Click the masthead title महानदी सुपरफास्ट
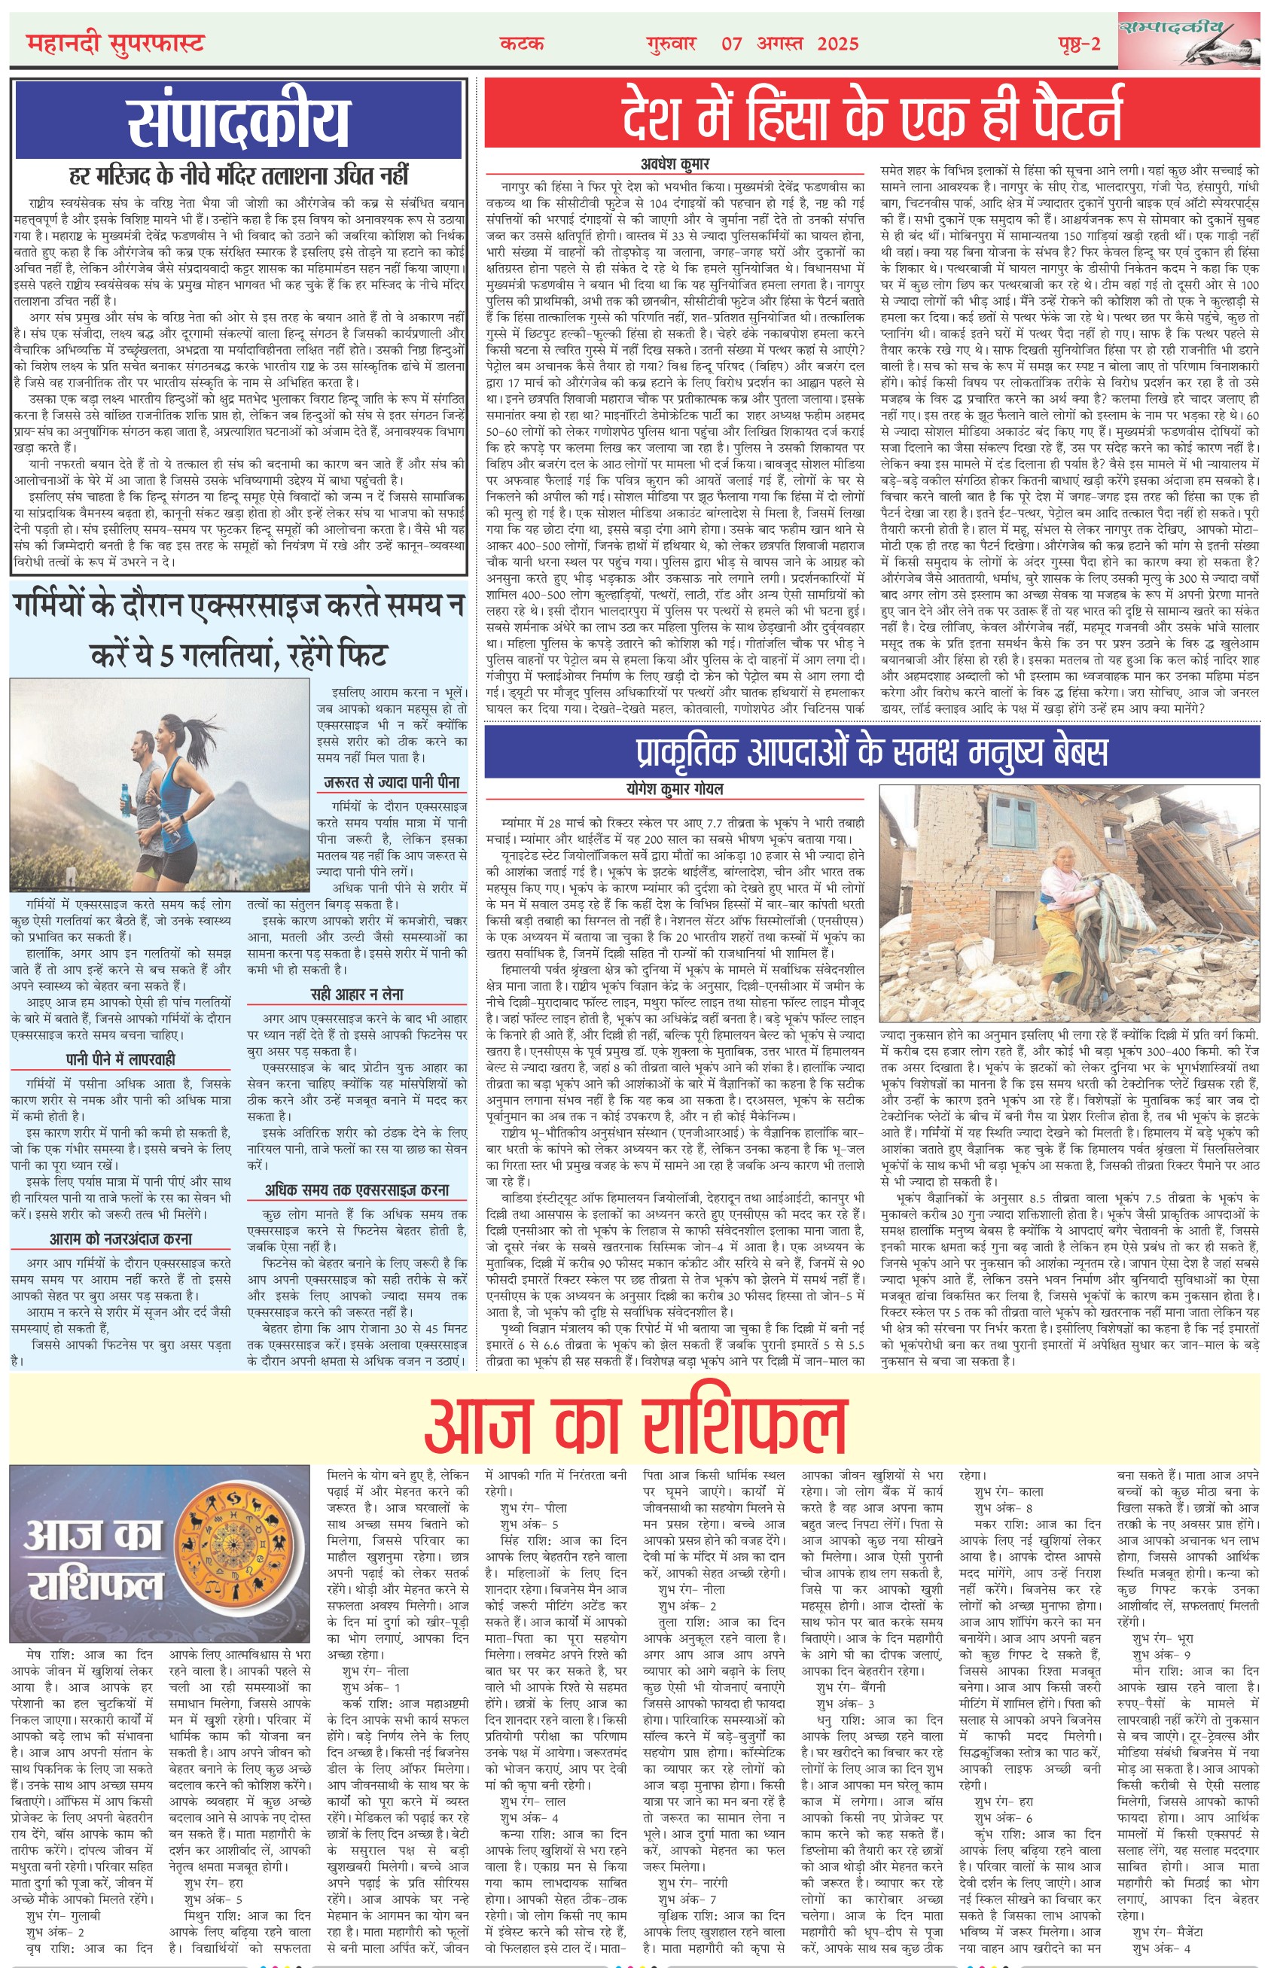(x=114, y=43)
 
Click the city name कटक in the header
(x=523, y=44)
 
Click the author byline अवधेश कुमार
(x=675, y=163)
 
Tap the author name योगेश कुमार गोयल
(x=675, y=789)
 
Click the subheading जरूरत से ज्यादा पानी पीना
(x=392, y=782)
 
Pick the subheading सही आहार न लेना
(x=357, y=995)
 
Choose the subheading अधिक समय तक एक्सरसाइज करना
(x=357, y=1190)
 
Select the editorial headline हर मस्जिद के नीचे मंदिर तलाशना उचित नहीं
(x=239, y=175)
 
